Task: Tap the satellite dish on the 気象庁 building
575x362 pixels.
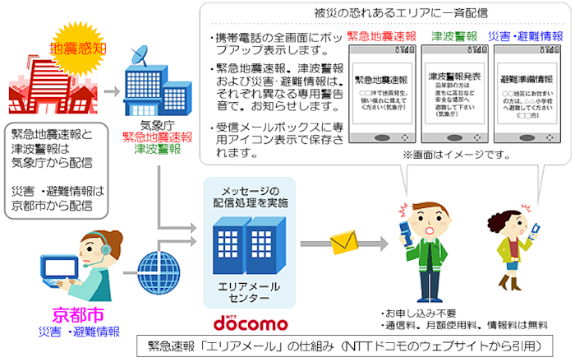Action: click(140, 58)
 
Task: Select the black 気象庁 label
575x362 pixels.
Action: click(154, 124)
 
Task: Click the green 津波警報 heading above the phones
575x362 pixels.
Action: click(454, 37)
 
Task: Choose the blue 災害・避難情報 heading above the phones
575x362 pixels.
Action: click(526, 37)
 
